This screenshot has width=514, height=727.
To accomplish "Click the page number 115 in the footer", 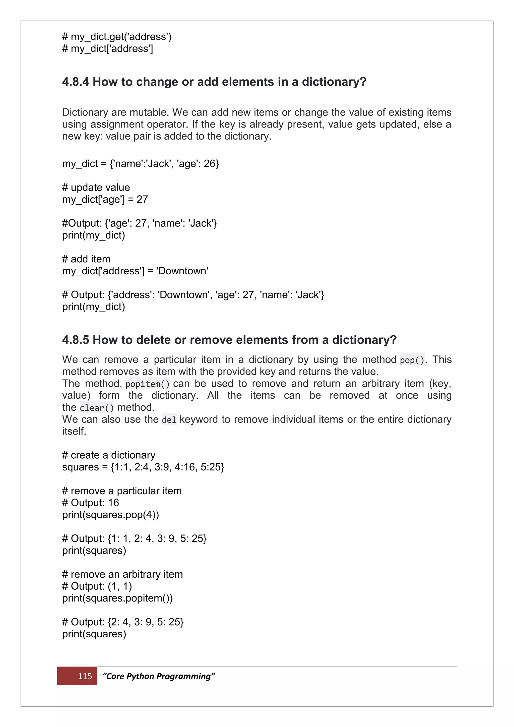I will coord(85,676).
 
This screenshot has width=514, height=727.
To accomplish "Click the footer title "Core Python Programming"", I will coord(159,676).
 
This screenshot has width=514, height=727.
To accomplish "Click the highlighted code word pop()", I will coord(412,360).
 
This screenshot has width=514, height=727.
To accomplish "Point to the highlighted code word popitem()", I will coord(148,384).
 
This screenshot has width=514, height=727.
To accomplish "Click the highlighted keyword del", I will coord(169,420).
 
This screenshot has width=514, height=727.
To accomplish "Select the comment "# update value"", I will coord(96,188).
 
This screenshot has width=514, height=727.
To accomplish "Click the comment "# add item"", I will coord(86,259).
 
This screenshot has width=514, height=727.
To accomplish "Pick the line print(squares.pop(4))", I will coord(110,515).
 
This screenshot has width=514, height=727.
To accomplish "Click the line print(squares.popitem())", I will coord(117,598).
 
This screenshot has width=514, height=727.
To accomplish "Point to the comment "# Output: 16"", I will coord(91,503).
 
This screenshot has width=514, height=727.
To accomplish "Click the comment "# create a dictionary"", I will coord(109,455).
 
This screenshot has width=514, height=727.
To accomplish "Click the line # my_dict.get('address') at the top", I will coord(117,37).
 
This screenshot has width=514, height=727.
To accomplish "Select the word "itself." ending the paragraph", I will coord(74,431).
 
